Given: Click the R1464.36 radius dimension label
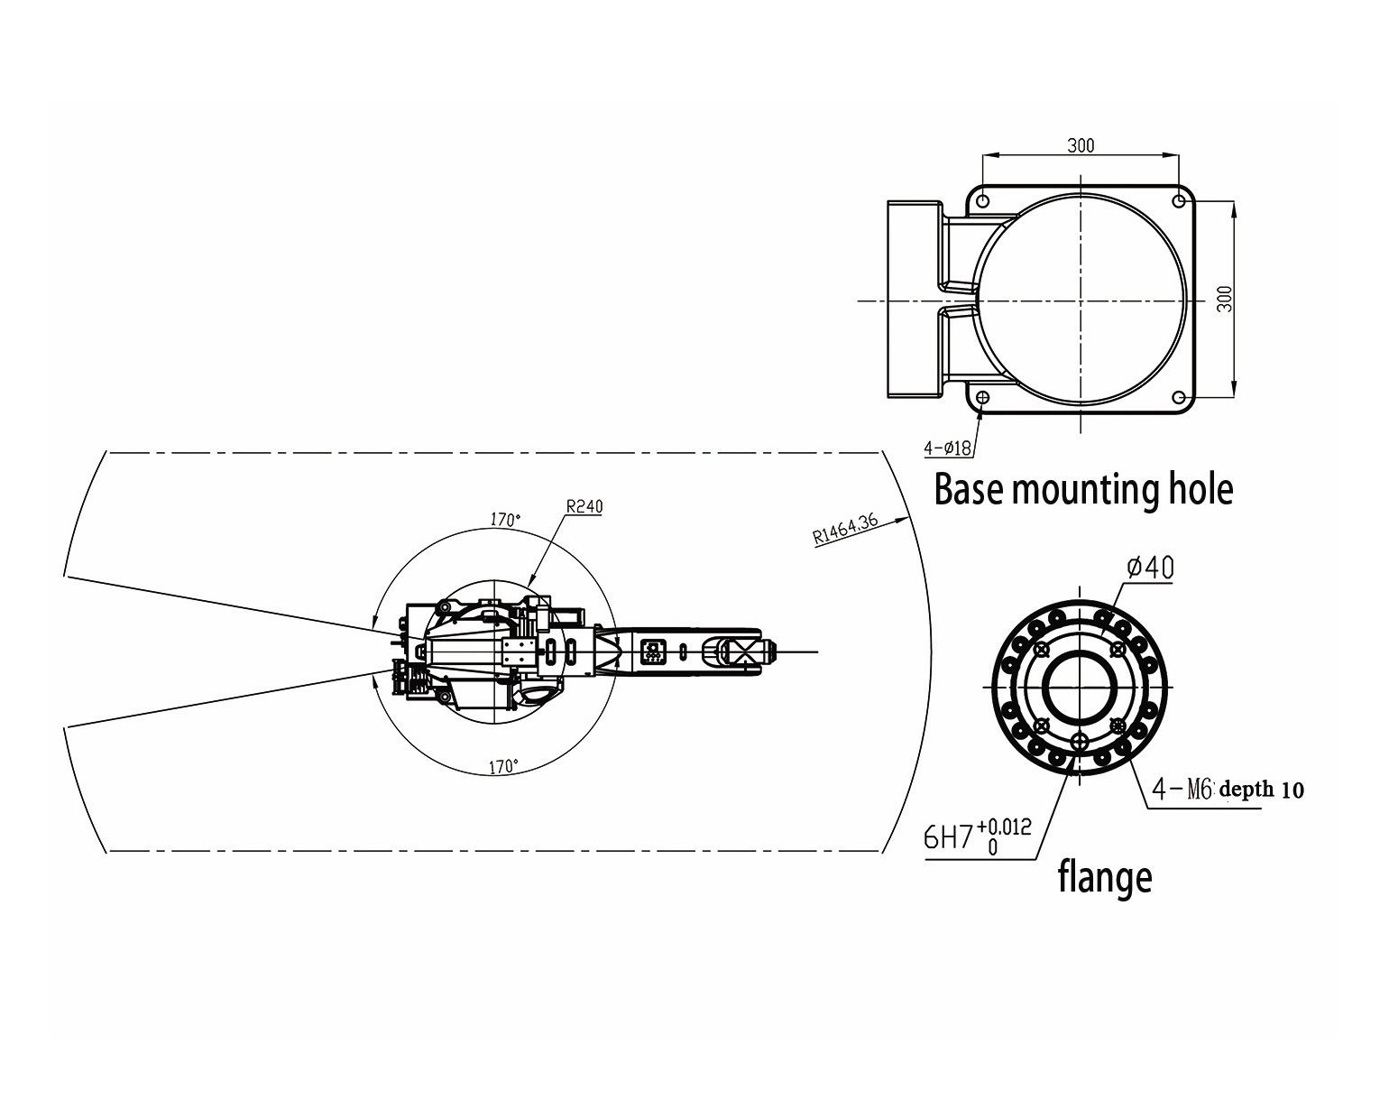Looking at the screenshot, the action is pos(845,530).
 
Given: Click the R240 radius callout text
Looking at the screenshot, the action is pos(584,506).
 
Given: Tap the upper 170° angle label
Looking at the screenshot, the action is pos(505,519).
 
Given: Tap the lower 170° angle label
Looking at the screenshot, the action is pos(503,767).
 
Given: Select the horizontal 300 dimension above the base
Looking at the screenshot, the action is pos(1081,145).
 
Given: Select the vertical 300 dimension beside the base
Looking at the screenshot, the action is pos(1224,299).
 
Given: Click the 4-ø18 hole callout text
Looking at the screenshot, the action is pos(948,448).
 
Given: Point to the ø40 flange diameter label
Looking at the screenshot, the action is pos(1151,567).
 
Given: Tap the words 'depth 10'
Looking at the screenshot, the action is pos(1262,790).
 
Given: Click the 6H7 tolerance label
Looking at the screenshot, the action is pos(948,838).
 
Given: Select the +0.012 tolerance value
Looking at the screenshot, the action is pos(1004,826).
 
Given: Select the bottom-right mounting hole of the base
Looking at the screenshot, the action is pos(1179,396).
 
